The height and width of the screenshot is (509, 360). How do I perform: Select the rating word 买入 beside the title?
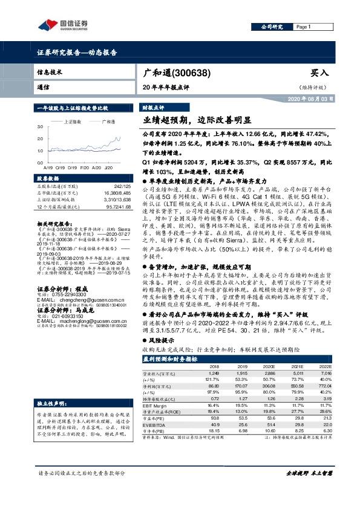(319, 73)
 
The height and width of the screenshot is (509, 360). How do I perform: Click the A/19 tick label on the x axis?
(48, 167)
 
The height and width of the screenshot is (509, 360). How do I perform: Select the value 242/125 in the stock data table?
(122, 187)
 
